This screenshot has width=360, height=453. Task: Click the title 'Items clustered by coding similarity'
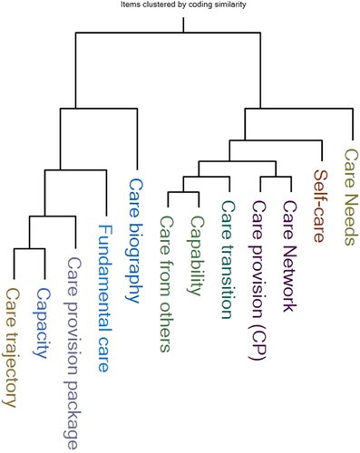[183, 5]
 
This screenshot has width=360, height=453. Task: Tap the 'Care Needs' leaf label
[352, 197]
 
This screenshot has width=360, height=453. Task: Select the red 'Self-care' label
[321, 206]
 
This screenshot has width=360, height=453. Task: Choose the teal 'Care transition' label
[229, 259]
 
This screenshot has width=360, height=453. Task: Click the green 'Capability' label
[198, 255]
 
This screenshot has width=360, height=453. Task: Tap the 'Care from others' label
[167, 284]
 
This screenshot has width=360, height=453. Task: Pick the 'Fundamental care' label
[105, 298]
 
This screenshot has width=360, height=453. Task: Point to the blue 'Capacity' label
[43, 323]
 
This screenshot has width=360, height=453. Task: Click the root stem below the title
[183, 24]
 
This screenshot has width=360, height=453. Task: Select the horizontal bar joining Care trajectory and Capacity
[29, 248]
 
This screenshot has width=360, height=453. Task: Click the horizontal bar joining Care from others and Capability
[183, 192]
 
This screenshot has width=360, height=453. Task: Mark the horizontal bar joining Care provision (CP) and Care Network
[276, 177]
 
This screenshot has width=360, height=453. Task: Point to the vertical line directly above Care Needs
[353, 124]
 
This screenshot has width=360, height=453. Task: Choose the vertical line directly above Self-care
[322, 150]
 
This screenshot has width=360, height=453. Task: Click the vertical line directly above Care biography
[137, 139]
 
